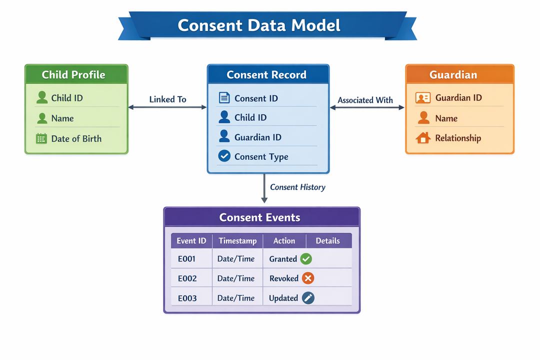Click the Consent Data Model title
[x=259, y=25]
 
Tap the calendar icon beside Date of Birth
[x=41, y=138]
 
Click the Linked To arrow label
[x=167, y=99]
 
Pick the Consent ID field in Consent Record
[x=256, y=98]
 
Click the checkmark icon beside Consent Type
[x=224, y=156]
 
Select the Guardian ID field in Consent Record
[x=257, y=137]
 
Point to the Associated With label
[x=365, y=100]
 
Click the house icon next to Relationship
[x=423, y=138]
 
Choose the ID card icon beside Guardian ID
[x=423, y=98]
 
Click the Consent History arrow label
[x=297, y=187]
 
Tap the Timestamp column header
[x=237, y=241]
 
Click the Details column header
[x=327, y=241]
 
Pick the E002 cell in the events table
[x=187, y=278]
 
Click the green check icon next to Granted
[x=306, y=259]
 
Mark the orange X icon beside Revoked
[x=308, y=278]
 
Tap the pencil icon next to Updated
[x=308, y=298]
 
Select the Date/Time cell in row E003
[x=236, y=298]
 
